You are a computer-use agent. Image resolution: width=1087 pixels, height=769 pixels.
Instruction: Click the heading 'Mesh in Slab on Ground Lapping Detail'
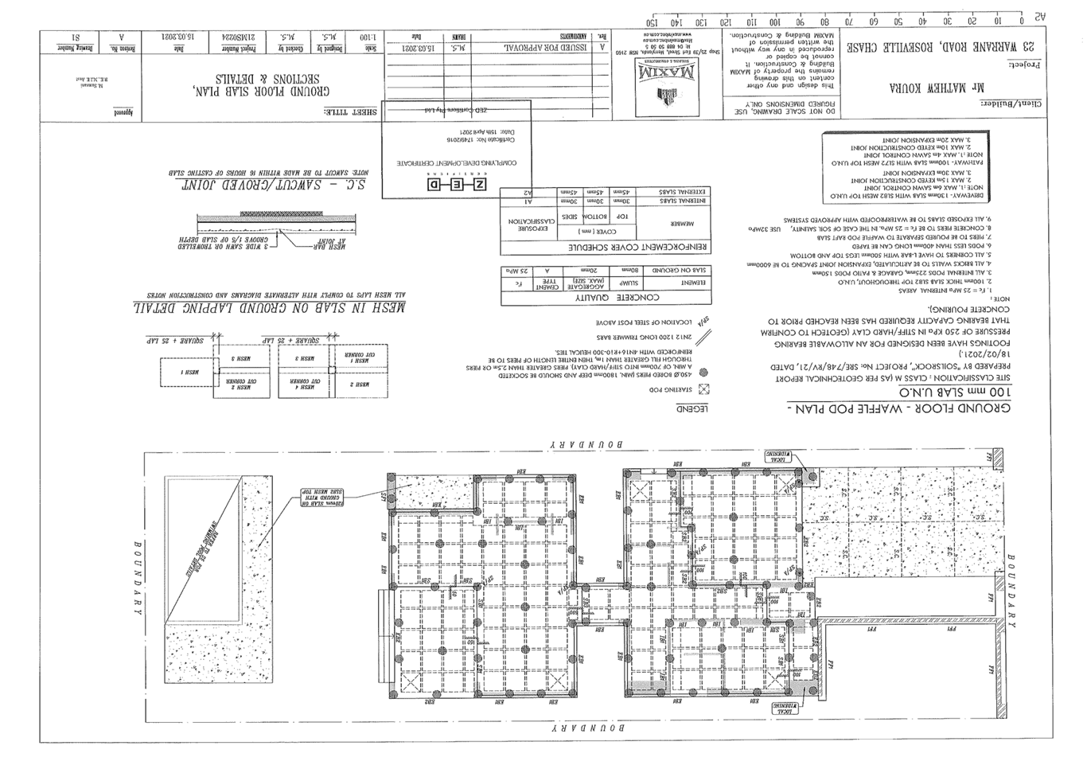271,307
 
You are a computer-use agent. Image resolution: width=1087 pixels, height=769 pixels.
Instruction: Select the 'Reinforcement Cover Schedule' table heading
605,248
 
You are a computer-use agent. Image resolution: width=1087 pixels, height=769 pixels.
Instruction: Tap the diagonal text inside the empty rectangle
204,549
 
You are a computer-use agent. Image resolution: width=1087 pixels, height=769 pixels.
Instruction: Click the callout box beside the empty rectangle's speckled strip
321,497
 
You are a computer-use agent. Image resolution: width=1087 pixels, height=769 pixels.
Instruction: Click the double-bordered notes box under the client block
905,166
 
